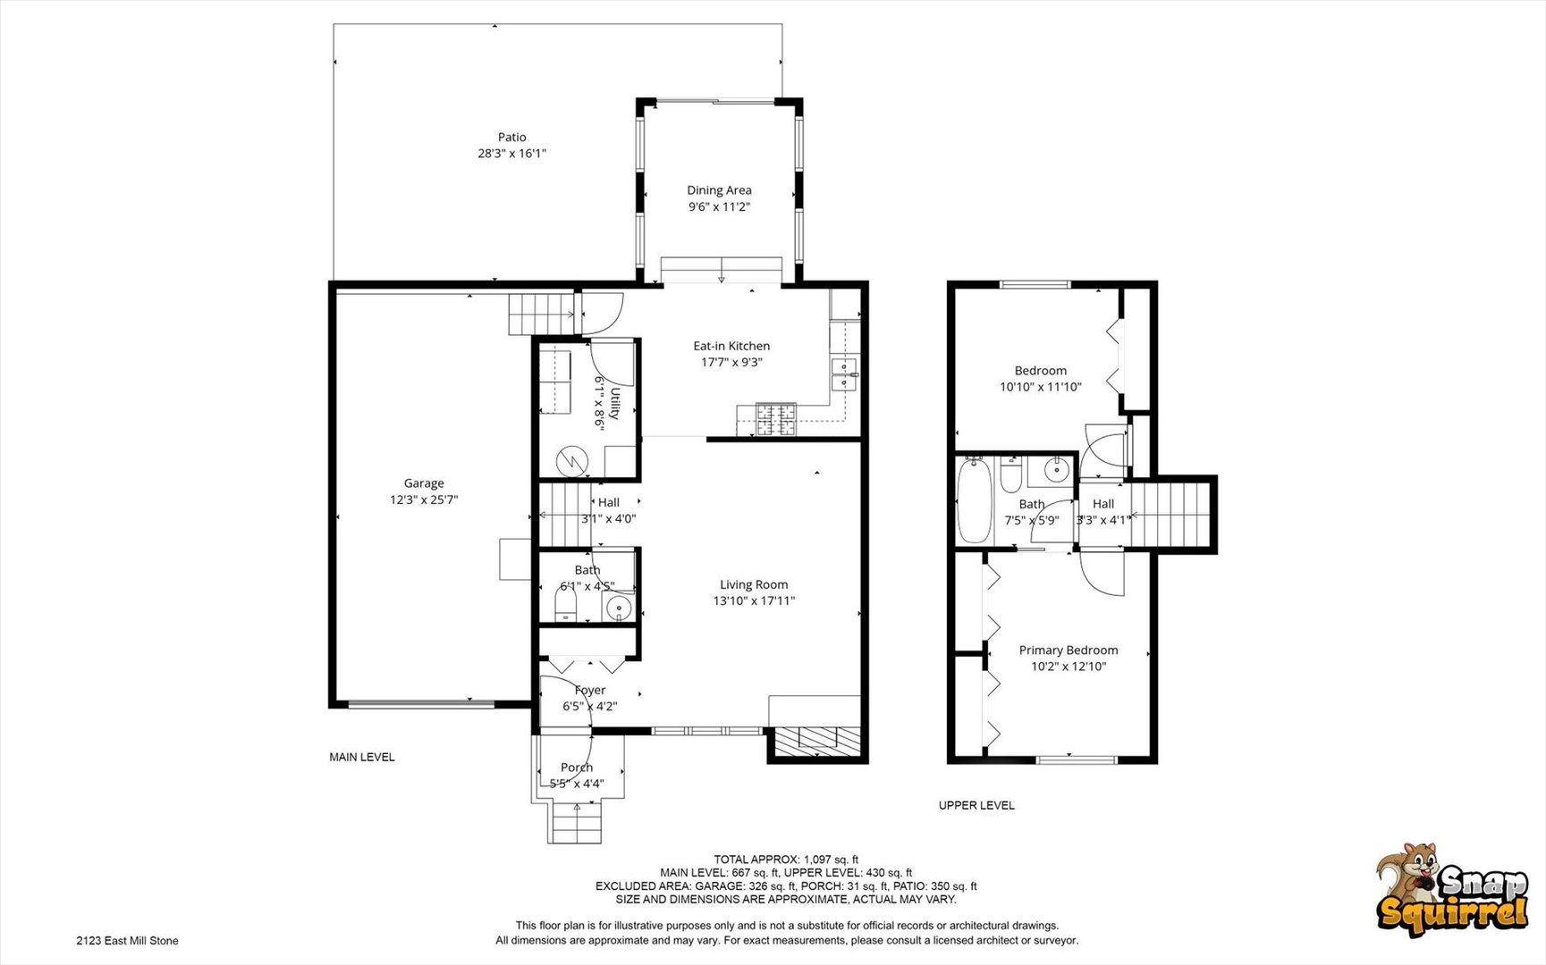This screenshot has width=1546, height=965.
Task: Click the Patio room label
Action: [511, 137]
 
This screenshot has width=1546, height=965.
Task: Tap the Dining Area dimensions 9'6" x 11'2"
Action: [719, 206]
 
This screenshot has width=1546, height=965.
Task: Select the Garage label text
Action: [424, 483]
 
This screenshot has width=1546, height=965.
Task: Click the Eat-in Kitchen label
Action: [731, 346]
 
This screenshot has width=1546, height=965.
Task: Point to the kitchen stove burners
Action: [776, 419]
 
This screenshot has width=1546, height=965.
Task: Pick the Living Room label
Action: [754, 584]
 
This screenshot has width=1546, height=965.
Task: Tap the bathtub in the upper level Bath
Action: [975, 500]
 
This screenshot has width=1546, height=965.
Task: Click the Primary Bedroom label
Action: [1069, 650]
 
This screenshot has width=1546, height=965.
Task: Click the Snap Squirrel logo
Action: [1452, 889]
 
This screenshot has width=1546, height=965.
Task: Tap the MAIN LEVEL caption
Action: [362, 757]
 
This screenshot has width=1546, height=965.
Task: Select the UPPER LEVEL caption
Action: [976, 805]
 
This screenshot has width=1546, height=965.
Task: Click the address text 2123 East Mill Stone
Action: [127, 940]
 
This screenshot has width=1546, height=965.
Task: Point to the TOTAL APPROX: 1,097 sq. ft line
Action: [785, 860]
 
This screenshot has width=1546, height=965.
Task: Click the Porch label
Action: [577, 768]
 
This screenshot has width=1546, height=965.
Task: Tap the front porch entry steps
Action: [576, 822]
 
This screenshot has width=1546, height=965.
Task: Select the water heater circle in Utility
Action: [570, 462]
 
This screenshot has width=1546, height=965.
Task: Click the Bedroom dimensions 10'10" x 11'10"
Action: [1041, 387]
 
